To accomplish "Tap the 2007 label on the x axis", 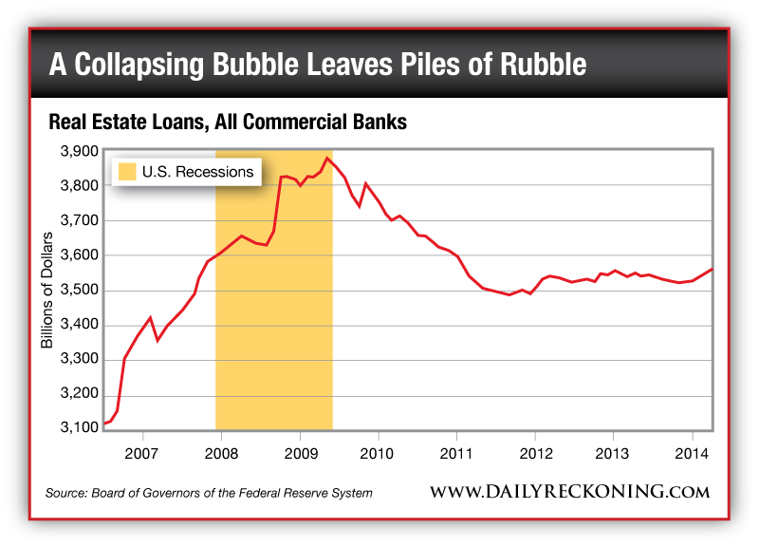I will tap(141, 449).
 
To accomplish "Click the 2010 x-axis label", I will tap(378, 449).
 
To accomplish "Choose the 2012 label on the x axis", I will tap(535, 449).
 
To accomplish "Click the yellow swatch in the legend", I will tap(126, 172).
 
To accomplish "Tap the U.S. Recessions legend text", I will tap(197, 172).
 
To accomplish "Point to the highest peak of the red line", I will tap(326, 158).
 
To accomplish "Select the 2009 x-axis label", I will tap(299, 449).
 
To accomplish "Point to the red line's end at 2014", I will tap(712, 270).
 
